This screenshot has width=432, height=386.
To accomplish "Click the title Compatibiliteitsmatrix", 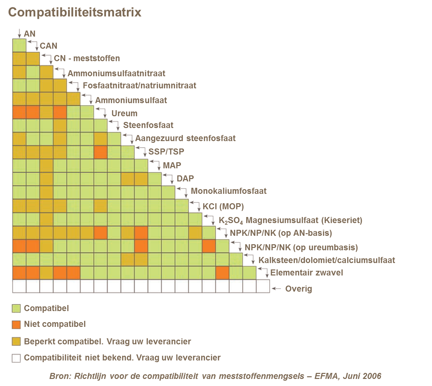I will (x=74, y=12).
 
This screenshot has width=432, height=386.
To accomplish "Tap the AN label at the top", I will (x=30, y=34).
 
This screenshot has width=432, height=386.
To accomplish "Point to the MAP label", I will (x=172, y=165).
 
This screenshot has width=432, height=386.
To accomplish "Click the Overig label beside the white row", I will (x=298, y=289).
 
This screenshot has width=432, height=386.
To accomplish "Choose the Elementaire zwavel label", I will (x=306, y=274).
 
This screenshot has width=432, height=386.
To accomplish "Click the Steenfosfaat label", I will (x=148, y=127).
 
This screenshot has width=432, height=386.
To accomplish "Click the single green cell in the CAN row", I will (x=19, y=45).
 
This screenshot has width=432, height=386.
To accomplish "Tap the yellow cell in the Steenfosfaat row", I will (x=60, y=126).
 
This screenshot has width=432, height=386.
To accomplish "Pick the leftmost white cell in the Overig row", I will (x=19, y=286).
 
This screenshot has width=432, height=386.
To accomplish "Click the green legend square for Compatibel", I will (x=16, y=308).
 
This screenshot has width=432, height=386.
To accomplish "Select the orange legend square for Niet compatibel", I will (x=16, y=325).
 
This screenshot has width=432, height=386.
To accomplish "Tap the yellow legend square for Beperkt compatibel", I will (x=16, y=342).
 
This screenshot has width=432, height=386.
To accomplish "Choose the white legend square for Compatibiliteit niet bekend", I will (x=16, y=358).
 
